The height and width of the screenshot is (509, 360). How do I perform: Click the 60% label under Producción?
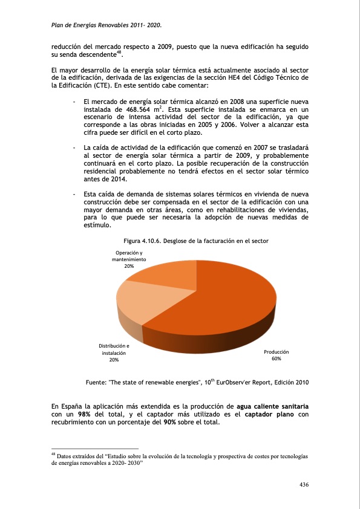click(x=276, y=359)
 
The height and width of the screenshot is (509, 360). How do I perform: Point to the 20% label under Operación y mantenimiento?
click(x=129, y=266)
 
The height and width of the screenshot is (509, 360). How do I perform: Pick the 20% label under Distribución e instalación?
click(x=114, y=360)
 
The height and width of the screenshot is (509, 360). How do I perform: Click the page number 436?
click(x=304, y=485)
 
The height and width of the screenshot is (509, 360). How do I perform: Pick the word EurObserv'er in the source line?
click(x=226, y=382)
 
